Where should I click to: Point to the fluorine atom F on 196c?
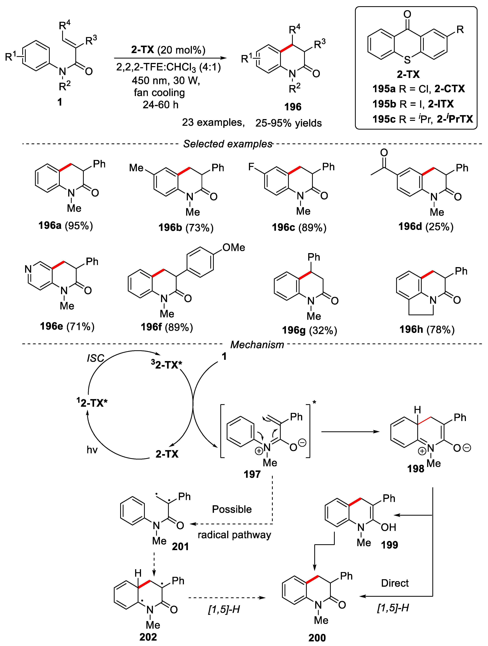251,167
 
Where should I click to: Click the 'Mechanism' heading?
257,345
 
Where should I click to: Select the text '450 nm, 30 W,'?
166,80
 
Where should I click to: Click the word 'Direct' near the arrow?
395,583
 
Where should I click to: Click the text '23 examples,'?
213,122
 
